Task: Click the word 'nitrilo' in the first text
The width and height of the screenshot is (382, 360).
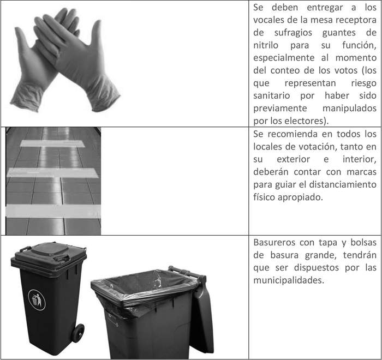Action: (x=266, y=45)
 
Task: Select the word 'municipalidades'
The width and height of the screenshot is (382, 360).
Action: (x=289, y=280)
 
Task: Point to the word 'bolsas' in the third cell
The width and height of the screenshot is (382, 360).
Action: (x=363, y=243)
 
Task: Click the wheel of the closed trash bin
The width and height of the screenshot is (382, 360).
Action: (x=78, y=333)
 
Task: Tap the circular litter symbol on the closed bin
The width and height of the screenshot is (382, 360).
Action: (x=37, y=299)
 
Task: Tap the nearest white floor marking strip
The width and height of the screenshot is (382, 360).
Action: (x=53, y=211)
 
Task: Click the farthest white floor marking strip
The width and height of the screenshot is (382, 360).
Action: (x=52, y=143)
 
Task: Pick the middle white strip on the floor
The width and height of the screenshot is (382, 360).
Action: (x=52, y=172)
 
